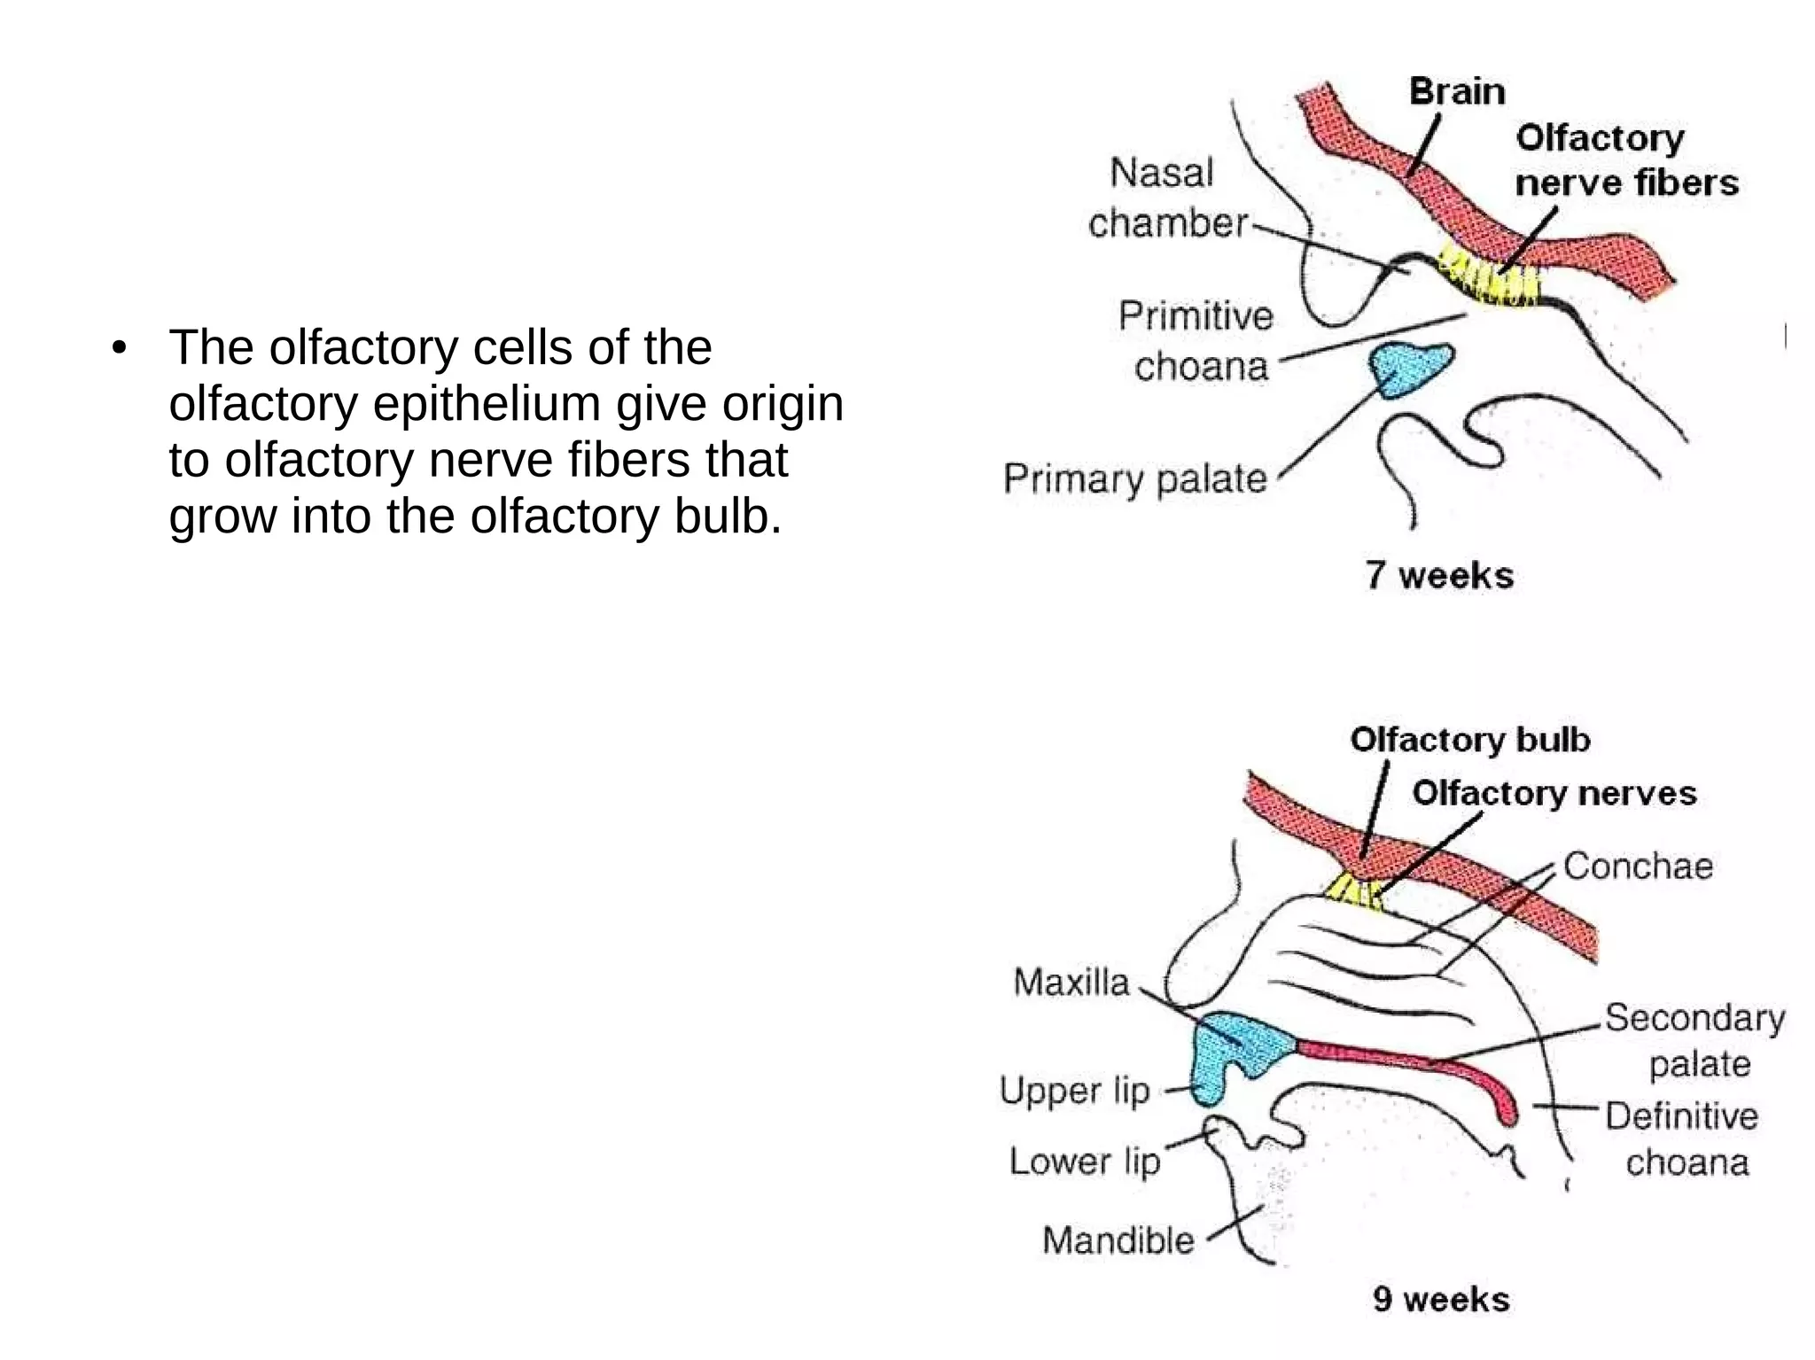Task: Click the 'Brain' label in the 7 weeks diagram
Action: (1456, 91)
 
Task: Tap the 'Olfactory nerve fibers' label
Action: (1625, 160)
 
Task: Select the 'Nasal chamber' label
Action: (1166, 198)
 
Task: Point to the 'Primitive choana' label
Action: (1196, 341)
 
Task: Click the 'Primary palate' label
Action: (1135, 479)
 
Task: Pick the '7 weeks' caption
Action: (1439, 575)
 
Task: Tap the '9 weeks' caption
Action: (1441, 1299)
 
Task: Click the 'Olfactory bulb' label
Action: (1469, 740)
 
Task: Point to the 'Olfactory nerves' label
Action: (1554, 793)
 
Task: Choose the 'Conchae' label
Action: (1638, 866)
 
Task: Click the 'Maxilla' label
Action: (1071, 982)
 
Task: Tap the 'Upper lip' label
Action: (1074, 1091)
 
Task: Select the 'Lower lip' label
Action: (1085, 1161)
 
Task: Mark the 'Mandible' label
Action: (1118, 1240)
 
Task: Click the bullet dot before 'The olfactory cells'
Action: (120, 348)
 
